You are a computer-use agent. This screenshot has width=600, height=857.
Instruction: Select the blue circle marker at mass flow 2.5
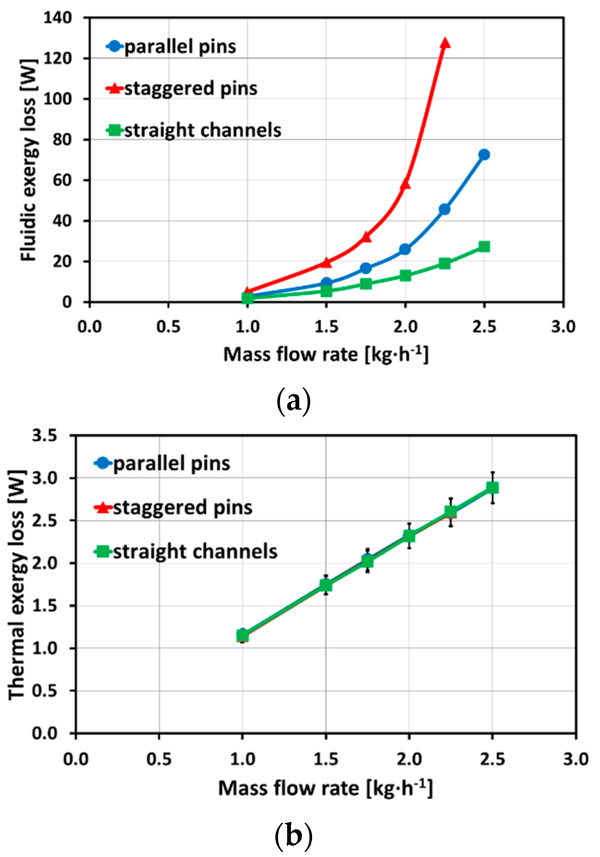point(484,155)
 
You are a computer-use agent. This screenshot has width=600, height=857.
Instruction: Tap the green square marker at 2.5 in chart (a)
point(484,247)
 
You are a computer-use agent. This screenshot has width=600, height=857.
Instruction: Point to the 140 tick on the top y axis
point(57,18)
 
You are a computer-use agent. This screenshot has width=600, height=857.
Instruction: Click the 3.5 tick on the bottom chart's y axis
point(44,436)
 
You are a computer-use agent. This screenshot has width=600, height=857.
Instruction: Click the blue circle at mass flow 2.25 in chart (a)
point(445,209)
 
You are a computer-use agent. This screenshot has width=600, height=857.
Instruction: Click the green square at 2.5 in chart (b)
point(492,488)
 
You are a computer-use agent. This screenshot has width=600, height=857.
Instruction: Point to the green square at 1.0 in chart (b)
point(242,635)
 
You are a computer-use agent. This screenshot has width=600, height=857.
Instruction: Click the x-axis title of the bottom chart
point(325,788)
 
